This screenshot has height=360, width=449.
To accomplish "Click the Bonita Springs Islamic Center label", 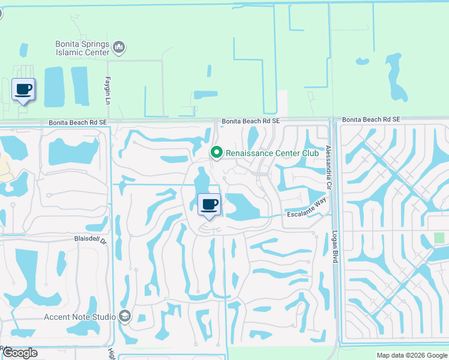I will (x=82, y=48).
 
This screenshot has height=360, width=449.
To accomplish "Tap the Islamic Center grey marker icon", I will (x=119, y=47).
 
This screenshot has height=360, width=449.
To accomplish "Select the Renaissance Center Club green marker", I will (x=217, y=154).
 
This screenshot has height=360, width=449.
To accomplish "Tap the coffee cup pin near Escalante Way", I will (x=209, y=205).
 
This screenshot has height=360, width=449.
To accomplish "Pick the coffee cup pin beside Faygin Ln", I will (x=23, y=90).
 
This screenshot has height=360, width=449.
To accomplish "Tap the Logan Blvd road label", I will (x=335, y=247).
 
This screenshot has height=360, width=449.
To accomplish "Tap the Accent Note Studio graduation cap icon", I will (x=125, y=316).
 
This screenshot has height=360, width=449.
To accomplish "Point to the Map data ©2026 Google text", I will (x=411, y=355).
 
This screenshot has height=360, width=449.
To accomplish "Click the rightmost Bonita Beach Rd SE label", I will (x=372, y=120).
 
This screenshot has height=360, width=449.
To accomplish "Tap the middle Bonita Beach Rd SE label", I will (x=250, y=121).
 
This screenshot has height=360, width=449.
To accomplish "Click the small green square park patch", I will (x=439, y=238).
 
